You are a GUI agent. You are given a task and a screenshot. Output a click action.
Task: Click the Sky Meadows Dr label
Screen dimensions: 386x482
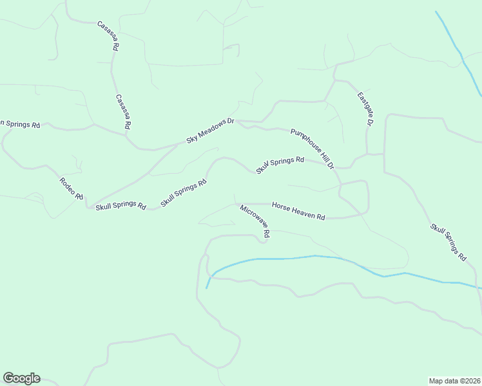pyautogui.click(x=210, y=131)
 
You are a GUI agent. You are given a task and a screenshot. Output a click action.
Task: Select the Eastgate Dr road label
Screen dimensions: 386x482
pyautogui.click(x=365, y=109)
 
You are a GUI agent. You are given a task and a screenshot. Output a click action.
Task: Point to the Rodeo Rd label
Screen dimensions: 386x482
pyautogui.click(x=71, y=189)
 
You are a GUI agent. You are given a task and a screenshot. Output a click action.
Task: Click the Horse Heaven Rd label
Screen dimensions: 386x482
pyautogui.click(x=298, y=211)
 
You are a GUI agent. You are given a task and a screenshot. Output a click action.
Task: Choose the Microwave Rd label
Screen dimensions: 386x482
pyautogui.click(x=255, y=221)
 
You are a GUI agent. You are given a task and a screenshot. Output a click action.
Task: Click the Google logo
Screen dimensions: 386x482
pyautogui.click(x=21, y=378)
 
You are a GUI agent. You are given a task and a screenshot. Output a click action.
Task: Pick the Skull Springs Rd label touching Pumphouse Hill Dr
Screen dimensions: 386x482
pyautogui.click(x=280, y=165)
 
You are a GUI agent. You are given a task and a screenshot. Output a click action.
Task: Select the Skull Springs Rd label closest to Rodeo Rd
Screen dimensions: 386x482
pyautogui.click(x=120, y=206)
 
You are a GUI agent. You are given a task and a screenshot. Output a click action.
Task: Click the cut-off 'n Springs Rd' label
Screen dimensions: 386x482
pyautogui.click(x=20, y=124)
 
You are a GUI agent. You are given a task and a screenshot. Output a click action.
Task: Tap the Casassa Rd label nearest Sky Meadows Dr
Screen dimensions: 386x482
pyautogui.click(x=123, y=111)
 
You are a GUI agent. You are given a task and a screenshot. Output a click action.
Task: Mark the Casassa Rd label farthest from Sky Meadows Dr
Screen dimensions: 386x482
pyautogui.click(x=108, y=36)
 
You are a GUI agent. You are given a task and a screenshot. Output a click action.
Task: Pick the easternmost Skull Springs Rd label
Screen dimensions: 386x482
pyautogui.click(x=448, y=242)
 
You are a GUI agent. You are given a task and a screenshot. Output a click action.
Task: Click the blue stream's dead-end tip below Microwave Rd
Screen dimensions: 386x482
pyautogui.click(x=207, y=288)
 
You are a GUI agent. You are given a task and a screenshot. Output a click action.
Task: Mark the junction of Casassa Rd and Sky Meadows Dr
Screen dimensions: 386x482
pyautogui.click(x=126, y=134)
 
